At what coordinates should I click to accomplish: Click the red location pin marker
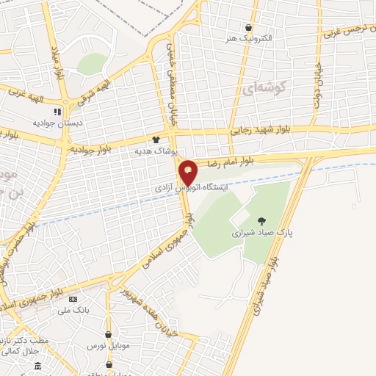[189, 172]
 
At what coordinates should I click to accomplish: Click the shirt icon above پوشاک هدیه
[156, 140]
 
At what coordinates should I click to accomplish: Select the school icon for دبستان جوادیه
[57, 112]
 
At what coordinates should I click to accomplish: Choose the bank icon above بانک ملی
[73, 300]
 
